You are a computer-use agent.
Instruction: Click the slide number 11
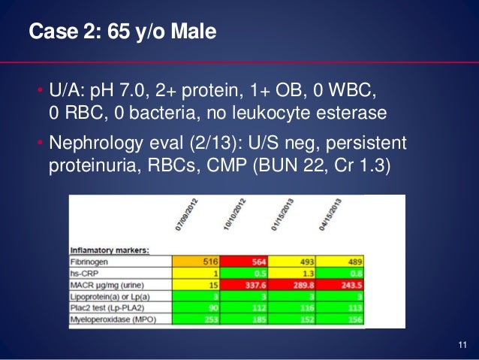(x=461, y=345)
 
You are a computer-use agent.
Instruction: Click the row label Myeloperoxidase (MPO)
(x=113, y=320)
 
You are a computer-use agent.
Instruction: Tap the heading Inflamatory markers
(x=109, y=249)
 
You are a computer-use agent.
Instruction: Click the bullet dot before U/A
(x=41, y=94)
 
